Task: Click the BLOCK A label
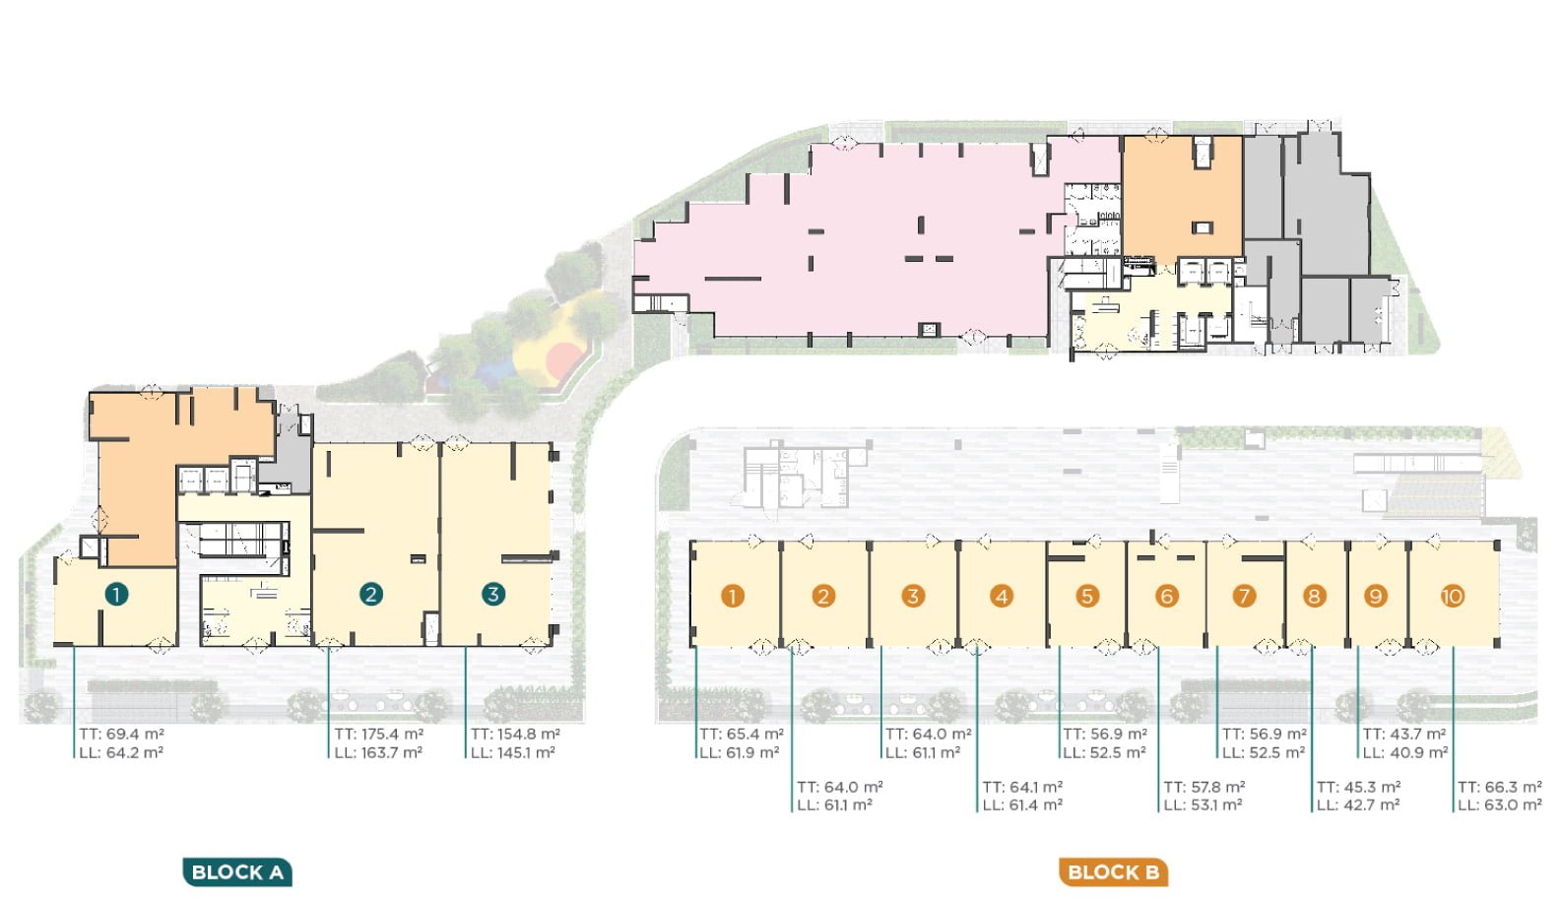pyautogui.click(x=237, y=871)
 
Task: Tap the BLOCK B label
pyautogui.click(x=1113, y=871)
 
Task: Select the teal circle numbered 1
pyautogui.click(x=116, y=594)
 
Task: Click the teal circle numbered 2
pyautogui.click(x=371, y=594)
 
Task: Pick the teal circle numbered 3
pyautogui.click(x=493, y=594)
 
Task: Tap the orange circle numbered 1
pyautogui.click(x=732, y=597)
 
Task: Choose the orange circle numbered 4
pyautogui.click(x=1002, y=597)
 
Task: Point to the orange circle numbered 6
pyautogui.click(x=1167, y=597)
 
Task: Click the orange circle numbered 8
pyautogui.click(x=1315, y=597)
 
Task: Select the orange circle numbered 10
pyautogui.click(x=1453, y=597)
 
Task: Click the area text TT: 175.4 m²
pyautogui.click(x=378, y=734)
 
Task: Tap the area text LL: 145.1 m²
pyautogui.click(x=512, y=752)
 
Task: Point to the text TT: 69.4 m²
pyautogui.click(x=121, y=734)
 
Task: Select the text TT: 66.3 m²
pyautogui.click(x=1499, y=787)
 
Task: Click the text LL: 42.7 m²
pyautogui.click(x=1358, y=804)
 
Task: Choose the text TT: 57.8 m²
pyautogui.click(x=1204, y=787)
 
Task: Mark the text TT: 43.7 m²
pyautogui.click(x=1404, y=734)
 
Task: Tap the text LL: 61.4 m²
pyautogui.click(x=1022, y=804)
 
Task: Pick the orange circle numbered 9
pyautogui.click(x=1375, y=597)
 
